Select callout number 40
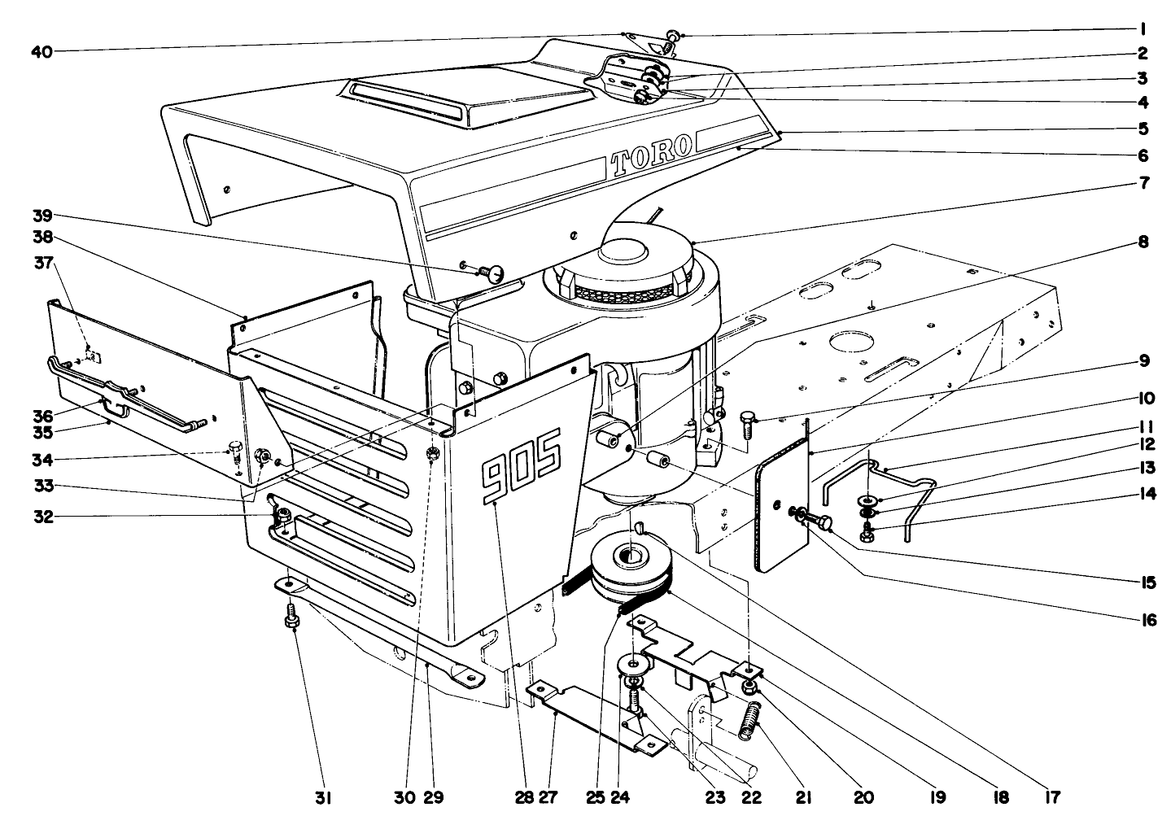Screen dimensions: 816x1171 point(42,52)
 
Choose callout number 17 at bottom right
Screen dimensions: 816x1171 point(1053,797)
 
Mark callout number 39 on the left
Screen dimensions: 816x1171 point(42,216)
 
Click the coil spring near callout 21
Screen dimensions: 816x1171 point(749,721)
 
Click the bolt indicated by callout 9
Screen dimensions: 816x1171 point(747,425)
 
